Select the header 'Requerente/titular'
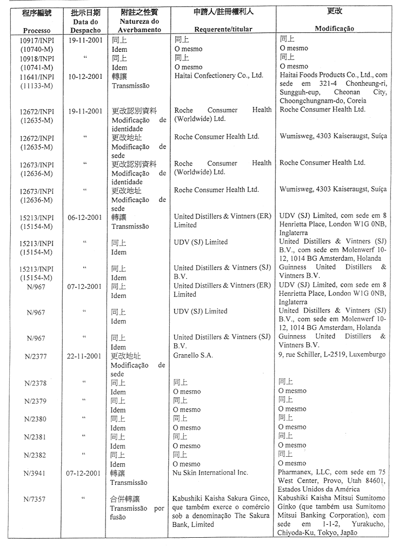pyautogui.click(x=222, y=29)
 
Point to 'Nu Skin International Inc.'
pyautogui.click(x=210, y=473)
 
